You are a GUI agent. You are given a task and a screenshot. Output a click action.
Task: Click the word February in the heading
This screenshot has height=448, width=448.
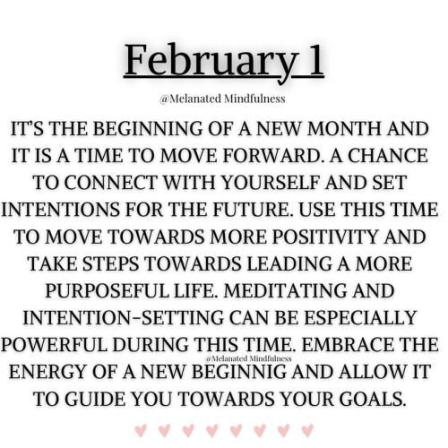(x=210, y=62)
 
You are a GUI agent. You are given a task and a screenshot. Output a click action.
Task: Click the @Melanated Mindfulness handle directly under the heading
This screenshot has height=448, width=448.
(x=222, y=99)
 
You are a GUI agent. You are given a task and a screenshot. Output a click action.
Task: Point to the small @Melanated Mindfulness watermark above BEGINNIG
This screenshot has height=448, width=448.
(x=248, y=358)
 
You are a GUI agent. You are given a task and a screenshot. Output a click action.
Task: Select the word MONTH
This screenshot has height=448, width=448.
(x=344, y=129)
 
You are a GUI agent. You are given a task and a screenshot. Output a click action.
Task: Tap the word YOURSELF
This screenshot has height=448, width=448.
(x=271, y=183)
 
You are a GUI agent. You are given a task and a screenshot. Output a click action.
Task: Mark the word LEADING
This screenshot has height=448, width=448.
(x=289, y=263)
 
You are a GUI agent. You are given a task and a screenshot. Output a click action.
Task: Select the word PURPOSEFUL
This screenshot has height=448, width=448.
(x=107, y=290)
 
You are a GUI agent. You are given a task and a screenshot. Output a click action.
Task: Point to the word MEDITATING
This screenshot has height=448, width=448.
(x=285, y=290)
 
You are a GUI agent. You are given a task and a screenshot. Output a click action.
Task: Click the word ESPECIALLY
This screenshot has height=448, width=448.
(x=360, y=317)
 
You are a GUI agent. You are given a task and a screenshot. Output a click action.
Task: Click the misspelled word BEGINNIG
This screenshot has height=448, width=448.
(x=239, y=372)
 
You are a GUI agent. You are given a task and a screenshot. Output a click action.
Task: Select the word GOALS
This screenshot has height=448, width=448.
(x=374, y=399)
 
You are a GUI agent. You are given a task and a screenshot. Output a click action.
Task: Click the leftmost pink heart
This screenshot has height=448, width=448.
(x=141, y=430)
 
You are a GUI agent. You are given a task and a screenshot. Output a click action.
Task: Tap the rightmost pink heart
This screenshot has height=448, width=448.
(x=307, y=430)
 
